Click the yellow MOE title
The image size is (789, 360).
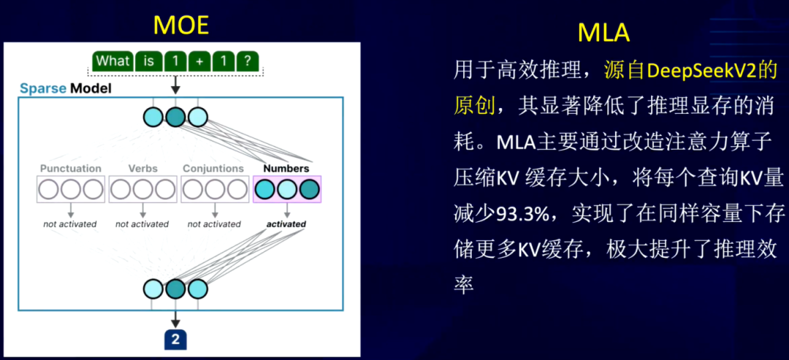coord(180,25)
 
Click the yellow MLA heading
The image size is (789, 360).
coord(603,33)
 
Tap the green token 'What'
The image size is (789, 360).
coord(113,61)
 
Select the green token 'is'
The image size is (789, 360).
coord(148,61)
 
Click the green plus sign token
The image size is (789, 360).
coord(199,61)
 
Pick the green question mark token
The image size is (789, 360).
coord(247,61)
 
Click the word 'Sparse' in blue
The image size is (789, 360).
coord(43,89)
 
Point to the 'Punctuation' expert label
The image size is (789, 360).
coord(70,168)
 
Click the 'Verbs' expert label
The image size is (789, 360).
coord(142,168)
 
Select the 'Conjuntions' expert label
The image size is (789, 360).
coord(213,168)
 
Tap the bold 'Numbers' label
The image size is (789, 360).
coord(286,168)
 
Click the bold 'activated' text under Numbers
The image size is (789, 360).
coord(286,223)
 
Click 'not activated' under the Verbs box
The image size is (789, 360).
coord(142,223)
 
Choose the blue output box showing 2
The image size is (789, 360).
coord(175,340)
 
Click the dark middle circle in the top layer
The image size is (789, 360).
coord(175,117)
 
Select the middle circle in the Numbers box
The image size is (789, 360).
coord(287,189)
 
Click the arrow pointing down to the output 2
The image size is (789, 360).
coord(175,318)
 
